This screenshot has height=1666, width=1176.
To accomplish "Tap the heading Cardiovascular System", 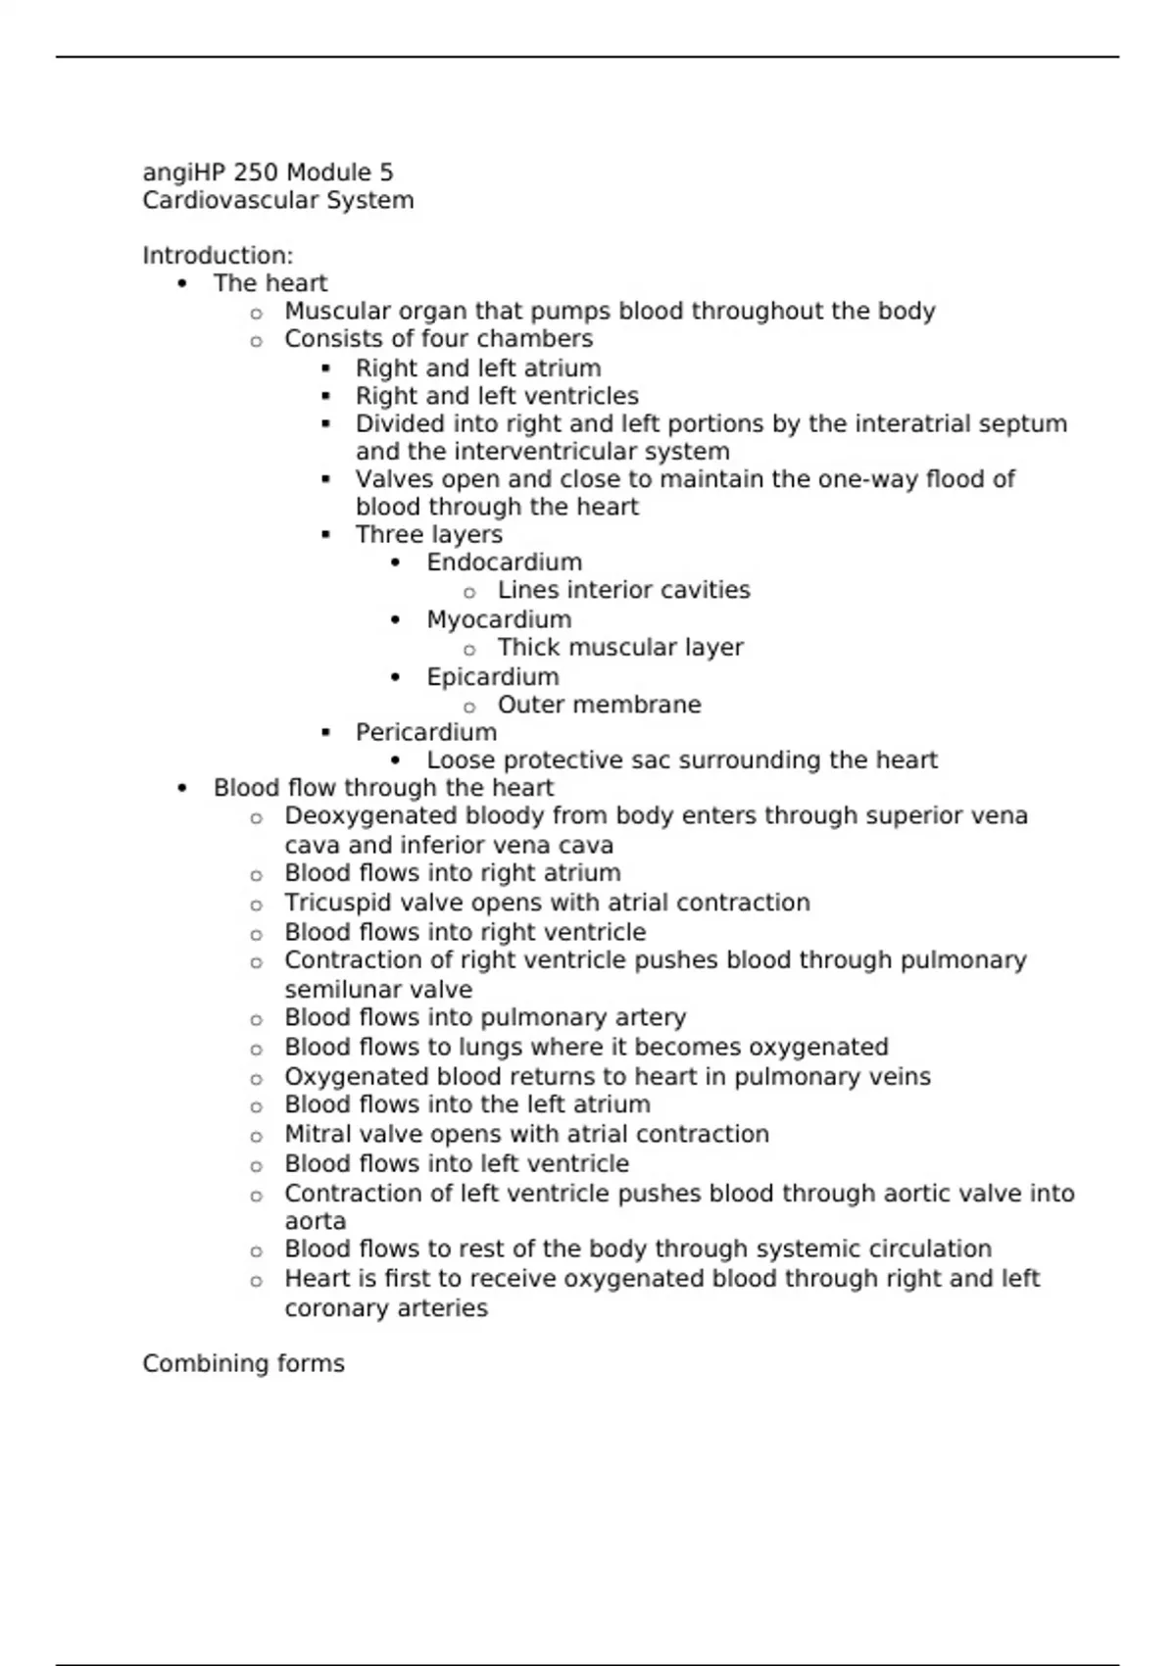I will coord(277,201).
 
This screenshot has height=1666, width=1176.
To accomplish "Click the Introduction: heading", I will coord(218,256).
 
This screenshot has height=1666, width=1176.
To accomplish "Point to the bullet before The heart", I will coord(182,284).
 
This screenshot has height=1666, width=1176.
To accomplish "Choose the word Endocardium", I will coord(504,563).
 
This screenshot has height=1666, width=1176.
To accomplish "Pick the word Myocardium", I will coord(499,620).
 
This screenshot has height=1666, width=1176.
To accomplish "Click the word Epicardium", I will coord(492,677).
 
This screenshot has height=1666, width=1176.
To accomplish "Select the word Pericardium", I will coord(425,733).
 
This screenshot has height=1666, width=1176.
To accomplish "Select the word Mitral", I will coord(314,1135).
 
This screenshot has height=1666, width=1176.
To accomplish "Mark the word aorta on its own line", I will coord(315,1222).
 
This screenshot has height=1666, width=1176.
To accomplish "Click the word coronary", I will coord(334,1308).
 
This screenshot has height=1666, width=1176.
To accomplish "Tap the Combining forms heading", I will coord(243,1364).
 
